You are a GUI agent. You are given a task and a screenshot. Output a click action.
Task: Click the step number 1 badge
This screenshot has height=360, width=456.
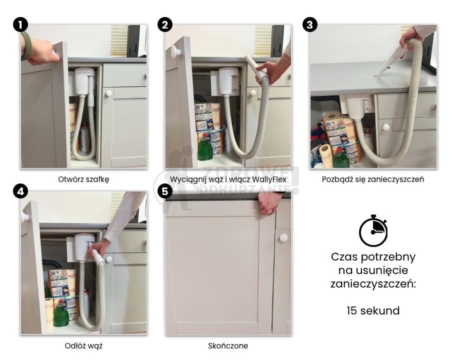click(20, 24)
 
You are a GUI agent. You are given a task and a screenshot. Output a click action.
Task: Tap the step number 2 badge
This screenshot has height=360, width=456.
click(165, 24)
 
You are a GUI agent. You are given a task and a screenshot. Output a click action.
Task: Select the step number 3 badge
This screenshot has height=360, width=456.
click(309, 24)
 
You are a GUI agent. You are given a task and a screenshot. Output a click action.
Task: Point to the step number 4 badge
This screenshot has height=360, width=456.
click(20, 191)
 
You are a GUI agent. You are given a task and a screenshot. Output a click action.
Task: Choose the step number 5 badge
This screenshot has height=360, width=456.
click(165, 191)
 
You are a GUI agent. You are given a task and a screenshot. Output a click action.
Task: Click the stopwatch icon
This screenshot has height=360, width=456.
click(373, 231)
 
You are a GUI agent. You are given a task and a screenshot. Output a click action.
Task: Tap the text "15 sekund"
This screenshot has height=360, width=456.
click(373, 310)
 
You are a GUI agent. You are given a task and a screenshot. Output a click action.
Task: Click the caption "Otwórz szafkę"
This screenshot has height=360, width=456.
click(84, 179)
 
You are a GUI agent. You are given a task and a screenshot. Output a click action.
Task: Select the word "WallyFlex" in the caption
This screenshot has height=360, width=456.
click(269, 179)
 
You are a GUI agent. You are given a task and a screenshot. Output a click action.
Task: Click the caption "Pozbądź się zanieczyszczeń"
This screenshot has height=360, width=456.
click(373, 179)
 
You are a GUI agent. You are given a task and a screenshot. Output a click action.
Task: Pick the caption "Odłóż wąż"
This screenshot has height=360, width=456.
click(84, 346)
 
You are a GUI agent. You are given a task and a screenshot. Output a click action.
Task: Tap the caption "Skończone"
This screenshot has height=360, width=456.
click(228, 346)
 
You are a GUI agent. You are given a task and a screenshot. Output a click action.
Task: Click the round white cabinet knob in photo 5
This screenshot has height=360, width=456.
click(283, 238)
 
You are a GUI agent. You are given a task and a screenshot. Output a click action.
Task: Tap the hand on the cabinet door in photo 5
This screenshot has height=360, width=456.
click(269, 202)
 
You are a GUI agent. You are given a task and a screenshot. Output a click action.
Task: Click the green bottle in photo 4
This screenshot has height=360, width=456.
click(61, 313)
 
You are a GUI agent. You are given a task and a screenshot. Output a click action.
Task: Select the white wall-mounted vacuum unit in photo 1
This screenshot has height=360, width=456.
click(84, 81)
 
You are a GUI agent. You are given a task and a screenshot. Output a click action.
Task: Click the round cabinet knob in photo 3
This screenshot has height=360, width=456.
click(386, 127)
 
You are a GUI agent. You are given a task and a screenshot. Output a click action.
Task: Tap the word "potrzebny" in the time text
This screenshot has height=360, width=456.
click(388, 257)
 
